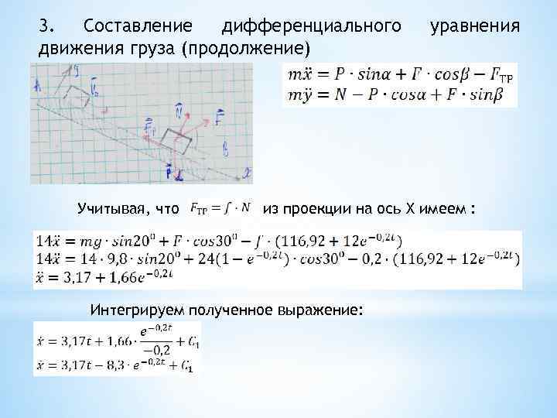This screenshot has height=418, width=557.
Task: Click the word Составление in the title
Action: pyautogui.click(x=139, y=28)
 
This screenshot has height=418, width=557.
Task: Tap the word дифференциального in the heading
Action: pyautogui.click(x=312, y=28)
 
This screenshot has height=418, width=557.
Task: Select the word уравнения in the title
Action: pyautogui.click(x=474, y=28)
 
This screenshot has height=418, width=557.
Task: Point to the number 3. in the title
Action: pyautogui.click(x=47, y=28)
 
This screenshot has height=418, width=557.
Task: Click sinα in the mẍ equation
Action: pyautogui.click(x=375, y=75)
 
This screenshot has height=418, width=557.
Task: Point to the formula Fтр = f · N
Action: pyautogui.click(x=220, y=208)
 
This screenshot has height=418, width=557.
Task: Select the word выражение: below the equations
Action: pyautogui.click(x=324, y=310)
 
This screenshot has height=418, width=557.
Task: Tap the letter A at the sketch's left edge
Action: pyautogui.click(x=36, y=87)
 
